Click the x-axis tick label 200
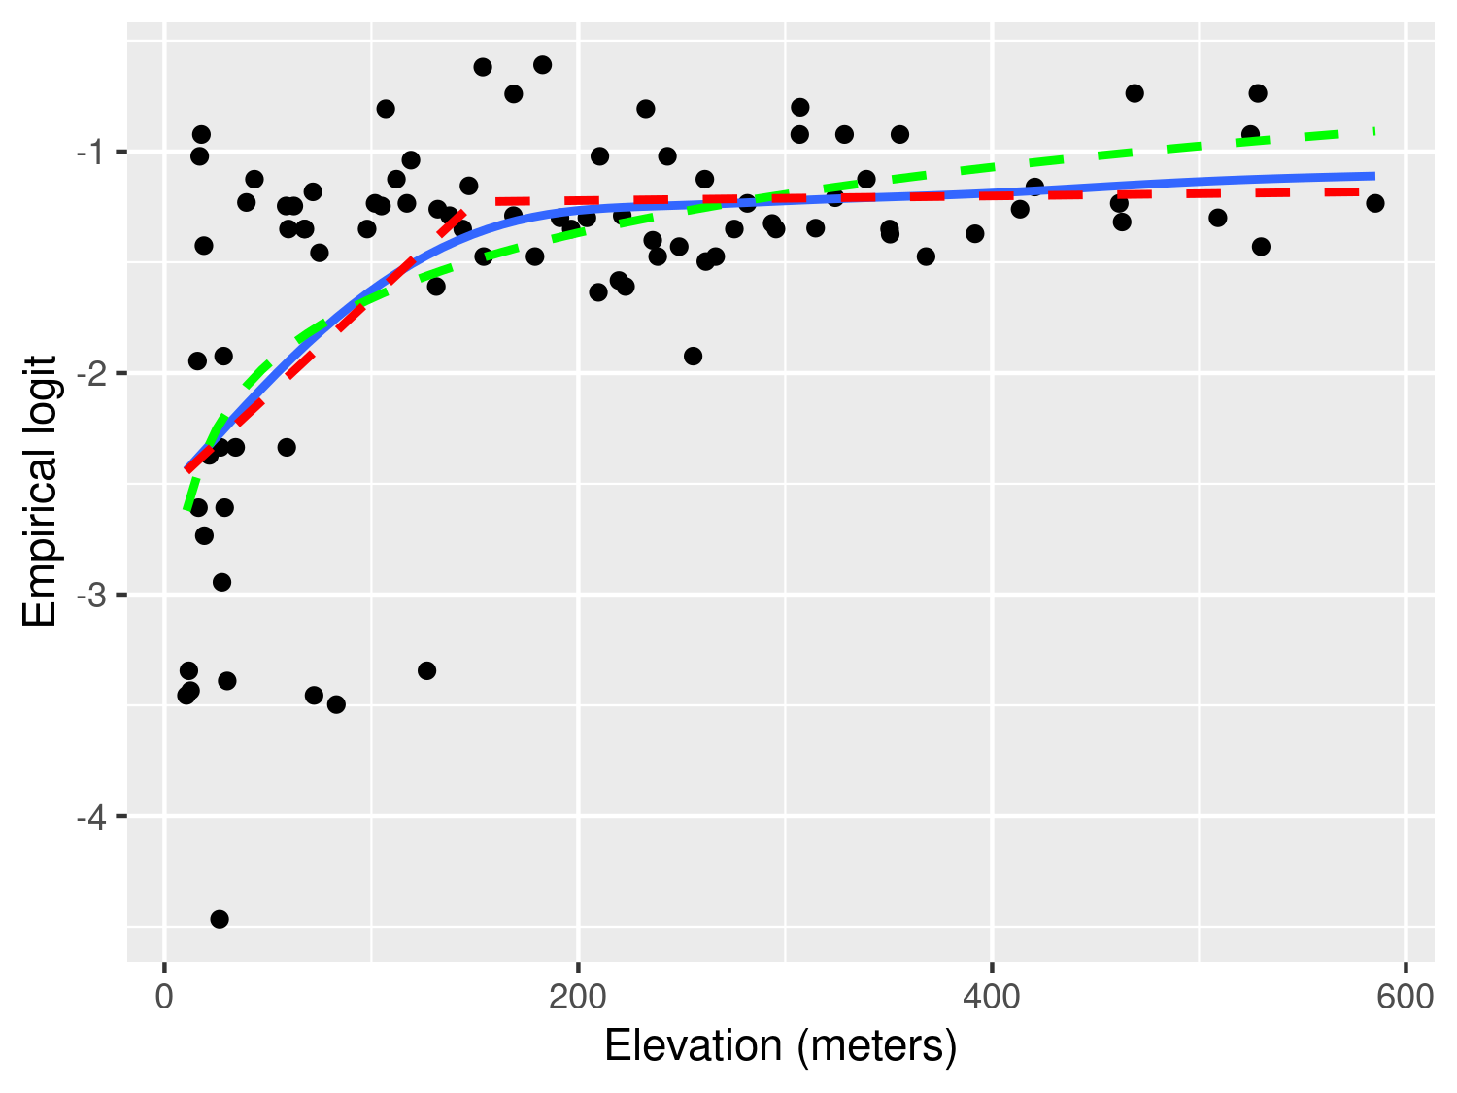(x=578, y=998)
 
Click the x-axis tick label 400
(x=992, y=998)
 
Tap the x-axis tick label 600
(x=1406, y=998)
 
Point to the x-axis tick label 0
(x=165, y=998)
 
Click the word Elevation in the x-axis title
(x=694, y=1046)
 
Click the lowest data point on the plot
(x=220, y=919)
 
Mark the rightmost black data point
(x=1375, y=203)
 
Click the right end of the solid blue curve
(x=1374, y=176)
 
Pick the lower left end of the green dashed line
(x=186, y=508)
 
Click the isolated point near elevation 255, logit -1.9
(x=693, y=356)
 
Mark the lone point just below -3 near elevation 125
(x=426, y=670)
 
